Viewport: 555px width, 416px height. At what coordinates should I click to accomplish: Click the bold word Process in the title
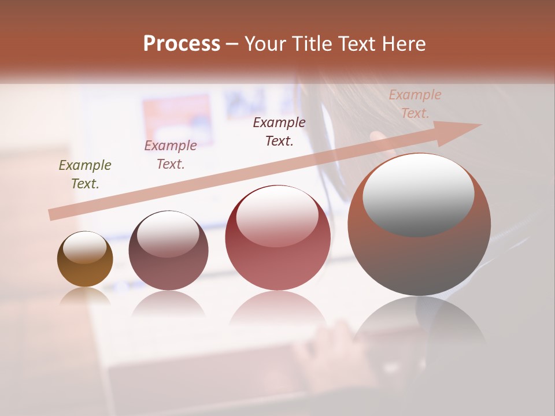tap(182, 44)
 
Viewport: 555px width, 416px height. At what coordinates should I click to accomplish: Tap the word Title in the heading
tap(314, 44)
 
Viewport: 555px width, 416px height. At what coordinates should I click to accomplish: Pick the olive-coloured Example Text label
tap(85, 174)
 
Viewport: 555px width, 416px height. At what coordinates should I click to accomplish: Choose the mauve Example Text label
tap(171, 155)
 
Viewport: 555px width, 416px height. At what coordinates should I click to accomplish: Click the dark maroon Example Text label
tap(279, 131)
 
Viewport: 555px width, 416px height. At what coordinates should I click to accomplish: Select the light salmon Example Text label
tap(415, 103)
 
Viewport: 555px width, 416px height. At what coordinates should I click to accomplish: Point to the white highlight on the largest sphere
tap(419, 195)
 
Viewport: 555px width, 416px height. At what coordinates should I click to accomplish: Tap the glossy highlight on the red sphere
tap(277, 216)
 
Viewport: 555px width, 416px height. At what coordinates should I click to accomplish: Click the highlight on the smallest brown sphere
tap(85, 247)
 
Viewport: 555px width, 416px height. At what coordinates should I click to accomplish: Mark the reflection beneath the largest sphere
tap(419, 324)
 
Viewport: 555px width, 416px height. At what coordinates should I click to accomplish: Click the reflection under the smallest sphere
tap(85, 296)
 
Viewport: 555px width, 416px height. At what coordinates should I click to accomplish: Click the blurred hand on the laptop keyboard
tap(330, 347)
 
